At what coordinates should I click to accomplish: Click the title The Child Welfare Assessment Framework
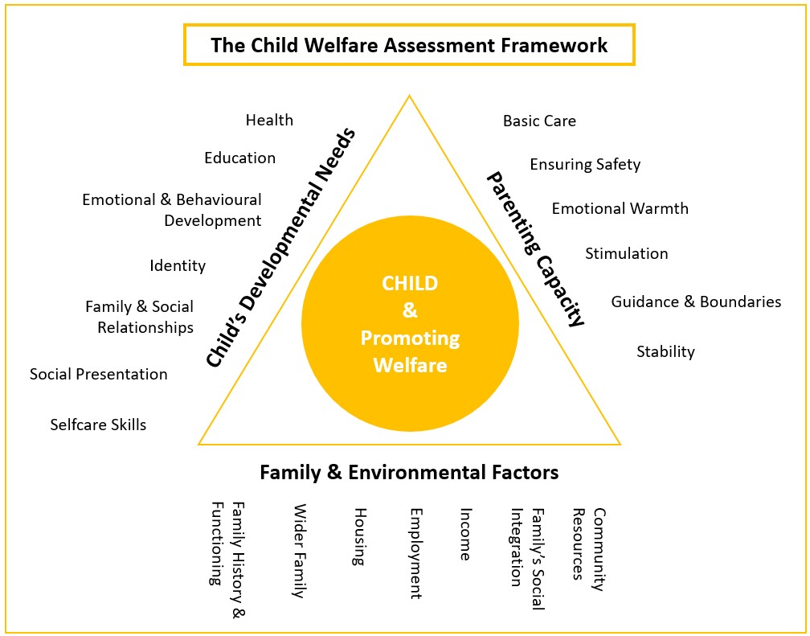pos(408,45)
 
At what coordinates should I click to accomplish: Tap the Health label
pos(269,120)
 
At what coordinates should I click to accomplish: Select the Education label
pos(239,158)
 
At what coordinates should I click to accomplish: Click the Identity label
pos(178,266)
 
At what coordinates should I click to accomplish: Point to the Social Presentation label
pos(99,374)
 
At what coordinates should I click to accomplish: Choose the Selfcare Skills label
pos(98,425)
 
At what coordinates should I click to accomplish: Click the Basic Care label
pos(539,121)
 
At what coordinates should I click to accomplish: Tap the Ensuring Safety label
pos(585,165)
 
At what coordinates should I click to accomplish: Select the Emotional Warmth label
pos(620,208)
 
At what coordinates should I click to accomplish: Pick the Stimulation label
pos(626,253)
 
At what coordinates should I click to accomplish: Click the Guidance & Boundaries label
pos(696,302)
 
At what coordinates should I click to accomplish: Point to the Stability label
pos(665,351)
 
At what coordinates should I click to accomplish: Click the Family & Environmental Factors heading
pos(408,472)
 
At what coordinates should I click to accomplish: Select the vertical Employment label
pos(416,553)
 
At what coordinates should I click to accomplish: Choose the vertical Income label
pos(465,534)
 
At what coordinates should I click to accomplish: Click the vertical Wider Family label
pos(300,551)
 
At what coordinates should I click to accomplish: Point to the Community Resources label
pos(588,549)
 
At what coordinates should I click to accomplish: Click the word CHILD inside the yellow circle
pos(410,283)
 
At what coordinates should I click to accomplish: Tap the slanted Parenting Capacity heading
pos(536,250)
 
